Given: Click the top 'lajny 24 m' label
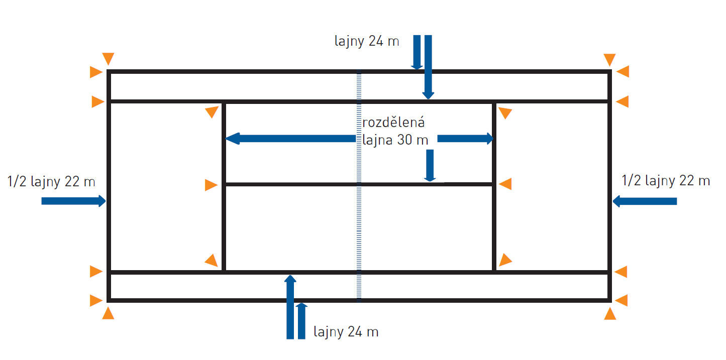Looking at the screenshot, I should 367,41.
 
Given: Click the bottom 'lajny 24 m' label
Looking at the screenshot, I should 346,332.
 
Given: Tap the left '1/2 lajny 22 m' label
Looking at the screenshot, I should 51,181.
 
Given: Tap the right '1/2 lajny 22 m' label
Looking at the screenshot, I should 666,181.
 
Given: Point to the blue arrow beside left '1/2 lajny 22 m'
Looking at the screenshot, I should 73,201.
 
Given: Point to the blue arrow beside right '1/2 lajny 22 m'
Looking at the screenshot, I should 645,201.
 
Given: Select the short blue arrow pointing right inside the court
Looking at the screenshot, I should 465,139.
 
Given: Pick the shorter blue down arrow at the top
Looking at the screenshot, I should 417,52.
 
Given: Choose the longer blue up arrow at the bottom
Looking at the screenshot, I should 290,307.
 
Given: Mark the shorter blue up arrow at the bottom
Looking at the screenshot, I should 301,321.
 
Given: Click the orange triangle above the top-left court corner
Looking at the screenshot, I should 108,58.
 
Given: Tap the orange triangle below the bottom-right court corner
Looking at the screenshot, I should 610,314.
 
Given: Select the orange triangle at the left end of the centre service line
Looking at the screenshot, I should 211,185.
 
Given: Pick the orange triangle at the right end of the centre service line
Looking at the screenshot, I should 505,184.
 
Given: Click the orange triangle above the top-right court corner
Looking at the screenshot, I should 609,60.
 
